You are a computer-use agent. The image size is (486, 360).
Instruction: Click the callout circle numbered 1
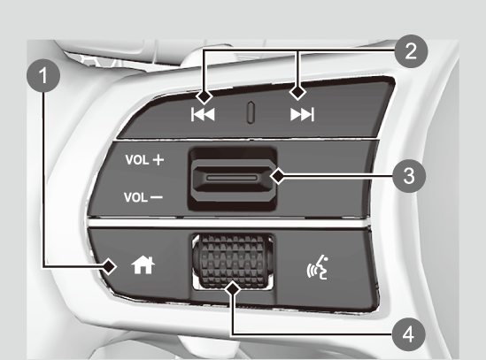click(43, 75)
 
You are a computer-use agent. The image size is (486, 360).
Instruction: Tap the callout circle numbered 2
click(411, 51)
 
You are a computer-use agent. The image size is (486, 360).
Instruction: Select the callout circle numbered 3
click(409, 176)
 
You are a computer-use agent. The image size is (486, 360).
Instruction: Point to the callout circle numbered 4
click(409, 335)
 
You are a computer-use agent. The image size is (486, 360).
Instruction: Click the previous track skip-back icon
click(203, 114)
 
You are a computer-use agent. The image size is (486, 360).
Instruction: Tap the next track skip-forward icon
click(302, 114)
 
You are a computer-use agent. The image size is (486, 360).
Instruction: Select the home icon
click(143, 265)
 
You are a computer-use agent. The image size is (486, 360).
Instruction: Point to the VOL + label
click(144, 160)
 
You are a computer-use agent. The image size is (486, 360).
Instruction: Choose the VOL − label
click(143, 197)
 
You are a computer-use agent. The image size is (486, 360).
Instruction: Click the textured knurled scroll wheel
click(233, 261)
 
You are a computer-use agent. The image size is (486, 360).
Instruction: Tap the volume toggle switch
click(233, 178)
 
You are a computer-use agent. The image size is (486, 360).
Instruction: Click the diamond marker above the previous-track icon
click(204, 96)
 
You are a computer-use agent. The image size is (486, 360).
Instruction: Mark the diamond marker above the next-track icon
click(297, 92)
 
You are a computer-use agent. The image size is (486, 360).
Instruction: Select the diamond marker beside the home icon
click(109, 266)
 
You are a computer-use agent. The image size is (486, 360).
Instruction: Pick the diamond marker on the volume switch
click(278, 176)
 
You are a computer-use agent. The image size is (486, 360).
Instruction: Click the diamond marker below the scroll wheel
click(233, 289)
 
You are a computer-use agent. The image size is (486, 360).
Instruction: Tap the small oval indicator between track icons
click(251, 112)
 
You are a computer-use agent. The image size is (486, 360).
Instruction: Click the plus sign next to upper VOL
click(158, 160)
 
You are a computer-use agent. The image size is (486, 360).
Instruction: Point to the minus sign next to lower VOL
click(157, 197)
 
